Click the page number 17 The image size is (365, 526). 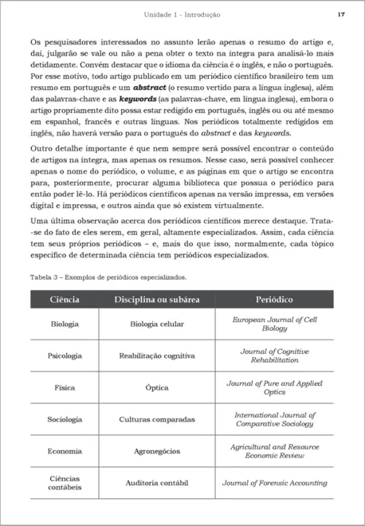(x=341, y=15)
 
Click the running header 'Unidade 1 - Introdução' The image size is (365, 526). (x=182, y=15)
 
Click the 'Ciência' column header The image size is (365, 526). (x=65, y=300)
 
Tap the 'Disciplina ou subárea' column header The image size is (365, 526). (x=157, y=300)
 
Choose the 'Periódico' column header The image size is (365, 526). (x=275, y=300)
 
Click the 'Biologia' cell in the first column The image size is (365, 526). (x=65, y=324)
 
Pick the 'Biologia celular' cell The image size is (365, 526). (x=157, y=324)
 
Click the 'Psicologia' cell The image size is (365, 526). (x=65, y=355)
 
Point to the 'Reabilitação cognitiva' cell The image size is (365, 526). (x=157, y=355)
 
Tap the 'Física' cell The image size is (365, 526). (x=65, y=387)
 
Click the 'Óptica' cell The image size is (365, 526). (x=157, y=387)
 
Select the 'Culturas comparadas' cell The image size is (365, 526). (x=157, y=419)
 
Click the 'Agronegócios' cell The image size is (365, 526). (x=157, y=451)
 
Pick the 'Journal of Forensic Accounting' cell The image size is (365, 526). (x=275, y=483)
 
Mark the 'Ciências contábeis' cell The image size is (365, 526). (x=65, y=483)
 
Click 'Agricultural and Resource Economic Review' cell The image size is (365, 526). (x=275, y=451)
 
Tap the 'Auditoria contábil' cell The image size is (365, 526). (x=157, y=483)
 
